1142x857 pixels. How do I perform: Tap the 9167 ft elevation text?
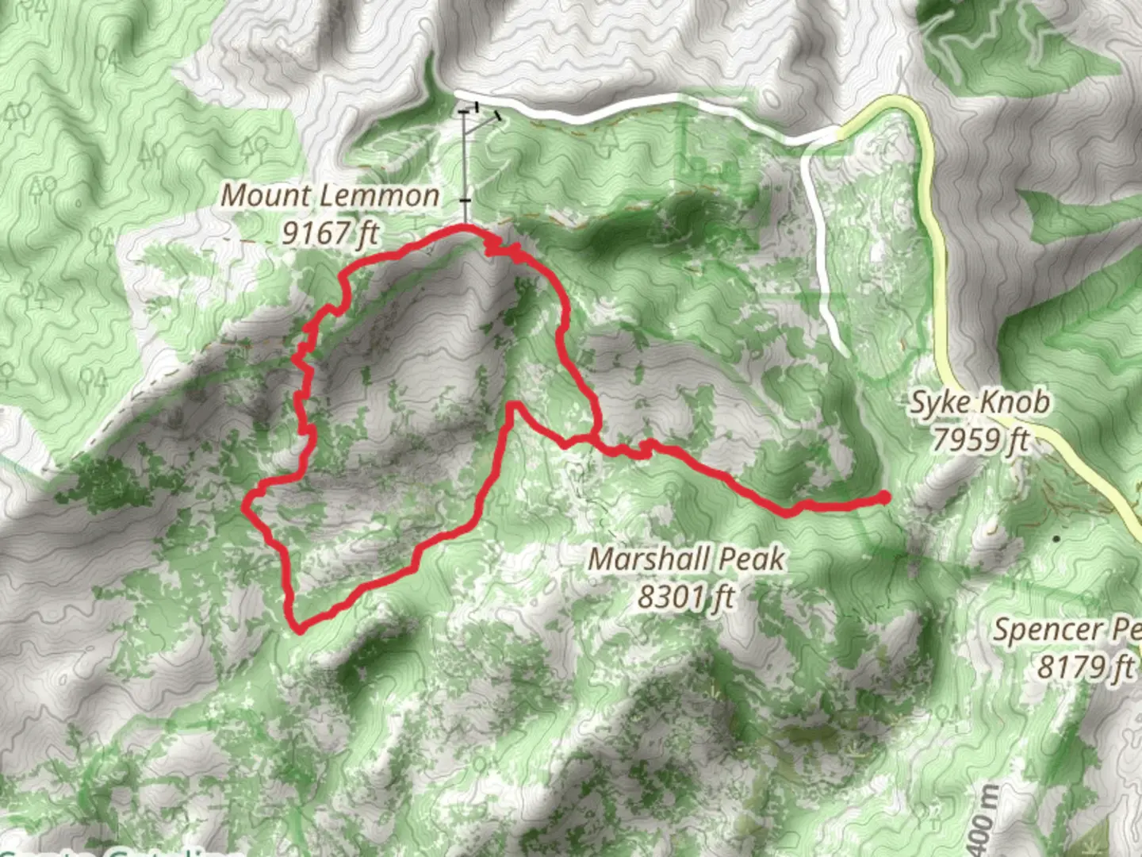[x=331, y=233]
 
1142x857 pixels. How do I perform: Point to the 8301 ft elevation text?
[x=686, y=596]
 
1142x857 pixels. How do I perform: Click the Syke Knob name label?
[x=979, y=403]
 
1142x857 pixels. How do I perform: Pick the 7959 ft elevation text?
[x=980, y=439]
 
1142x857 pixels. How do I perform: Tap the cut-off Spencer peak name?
[x=1067, y=631]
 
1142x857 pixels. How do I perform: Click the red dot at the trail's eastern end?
[x=884, y=498]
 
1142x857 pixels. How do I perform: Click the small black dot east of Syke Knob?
[x=1056, y=539]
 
